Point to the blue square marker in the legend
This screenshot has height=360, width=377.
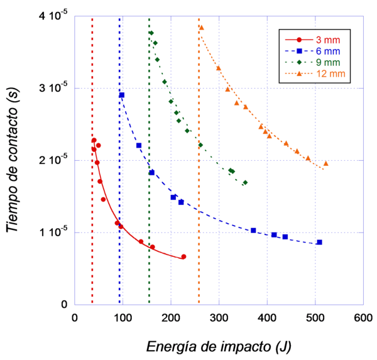point(300,51)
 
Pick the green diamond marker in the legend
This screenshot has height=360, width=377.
point(300,62)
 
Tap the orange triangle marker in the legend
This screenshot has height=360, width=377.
point(300,74)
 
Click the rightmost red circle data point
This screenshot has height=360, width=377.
point(183,256)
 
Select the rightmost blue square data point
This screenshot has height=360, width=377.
point(319,242)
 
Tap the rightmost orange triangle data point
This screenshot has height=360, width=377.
point(326,163)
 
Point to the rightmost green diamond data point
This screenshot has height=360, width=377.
point(244,183)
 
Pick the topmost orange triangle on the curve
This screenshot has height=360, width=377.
point(201,27)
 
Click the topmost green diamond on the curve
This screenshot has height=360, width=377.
point(151,33)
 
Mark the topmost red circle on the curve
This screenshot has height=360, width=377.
point(94,141)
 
